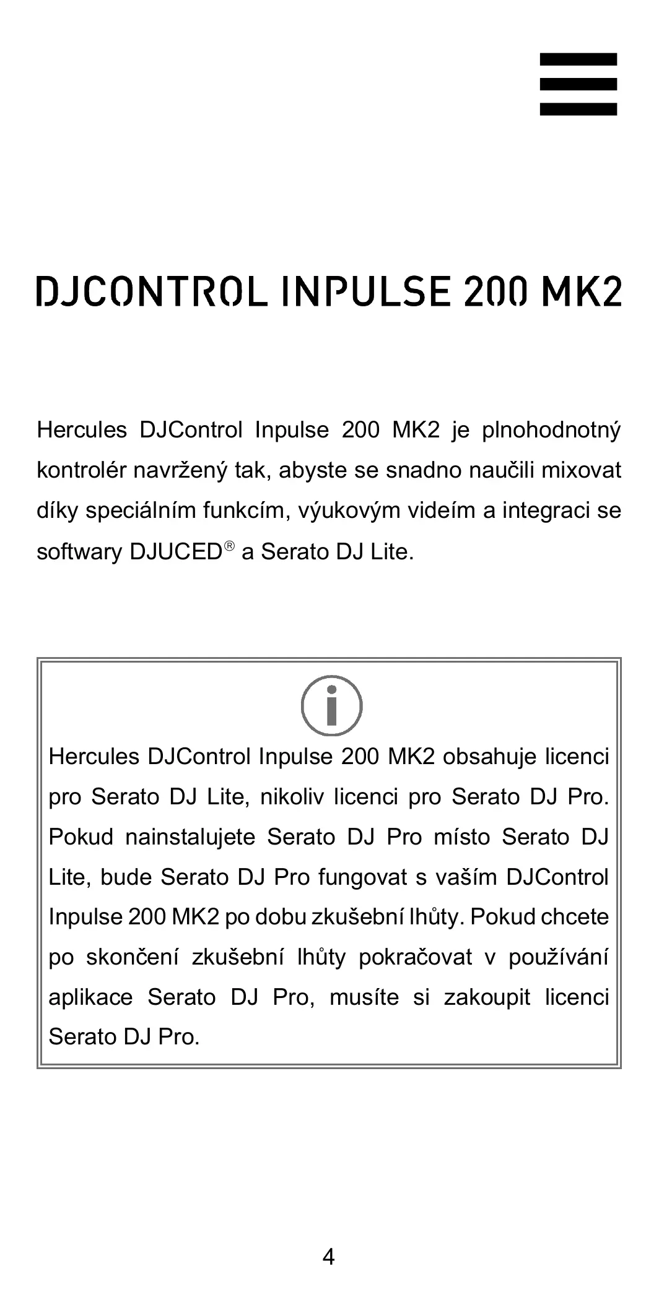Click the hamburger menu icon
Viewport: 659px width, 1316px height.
pos(578,84)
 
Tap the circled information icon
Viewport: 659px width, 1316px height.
pos(331,705)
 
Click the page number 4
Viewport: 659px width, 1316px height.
pos(329,1257)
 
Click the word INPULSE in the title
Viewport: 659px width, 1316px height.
pos(364,292)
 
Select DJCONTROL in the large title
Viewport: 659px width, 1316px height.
pos(151,292)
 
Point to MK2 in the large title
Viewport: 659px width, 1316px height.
pos(580,292)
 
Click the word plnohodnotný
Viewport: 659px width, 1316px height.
pos(551,430)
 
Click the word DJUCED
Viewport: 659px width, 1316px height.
pos(175,552)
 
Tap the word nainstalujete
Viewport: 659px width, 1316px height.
pos(190,837)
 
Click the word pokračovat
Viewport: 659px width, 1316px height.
pos(415,958)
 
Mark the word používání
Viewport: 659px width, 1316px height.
pos(558,958)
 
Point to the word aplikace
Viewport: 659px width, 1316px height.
pos(90,997)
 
